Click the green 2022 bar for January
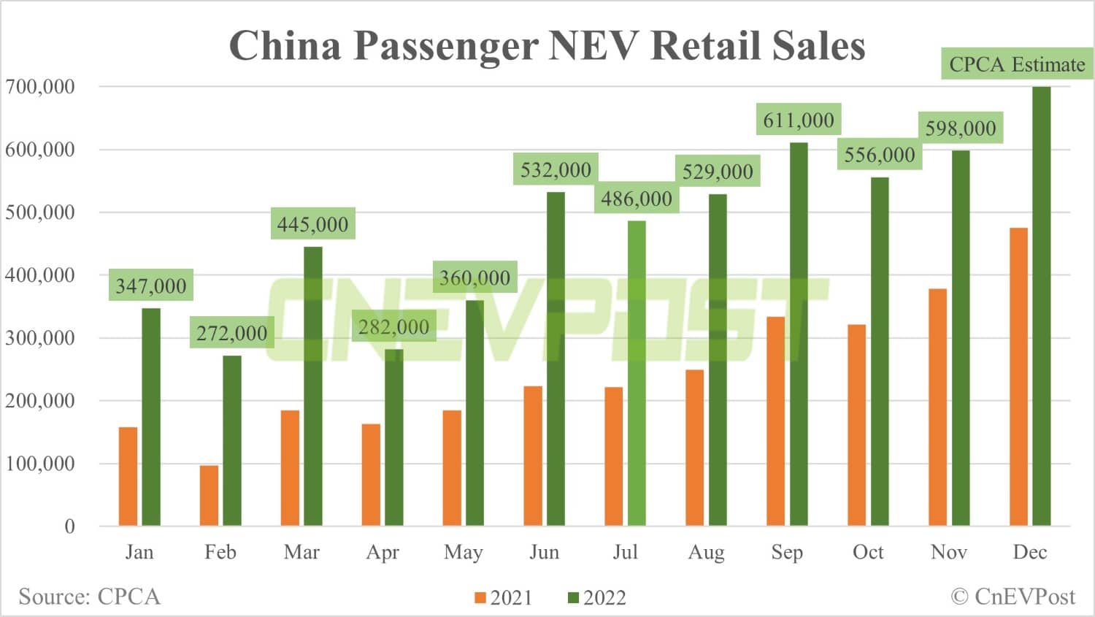151,417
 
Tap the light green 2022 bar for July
637,373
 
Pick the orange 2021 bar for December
1018,377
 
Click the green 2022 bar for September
799,334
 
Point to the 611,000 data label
799,120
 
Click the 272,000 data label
232,333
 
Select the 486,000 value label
637,199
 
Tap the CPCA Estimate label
1017,64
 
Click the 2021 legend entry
503,598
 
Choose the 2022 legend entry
596,598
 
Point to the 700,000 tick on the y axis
40,87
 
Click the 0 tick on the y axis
69,526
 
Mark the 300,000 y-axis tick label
40,338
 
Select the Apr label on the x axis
383,552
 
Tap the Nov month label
949,552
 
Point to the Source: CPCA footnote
89,597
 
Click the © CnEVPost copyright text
1013,597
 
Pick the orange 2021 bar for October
856,425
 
